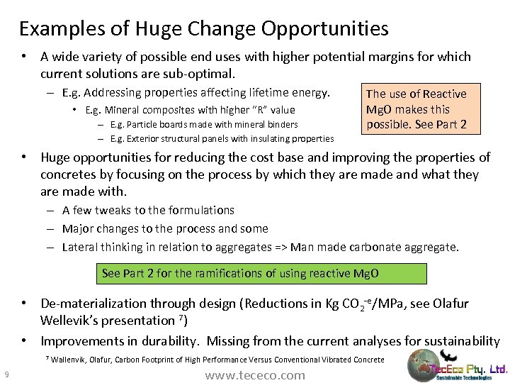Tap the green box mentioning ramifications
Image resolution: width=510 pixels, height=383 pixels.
261,273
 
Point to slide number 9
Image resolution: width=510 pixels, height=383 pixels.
6,374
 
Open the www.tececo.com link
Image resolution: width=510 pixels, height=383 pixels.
255,375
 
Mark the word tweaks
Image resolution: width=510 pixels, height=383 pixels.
108,210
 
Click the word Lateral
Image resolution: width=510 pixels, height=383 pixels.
79,248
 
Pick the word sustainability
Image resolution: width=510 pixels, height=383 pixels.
459,340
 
